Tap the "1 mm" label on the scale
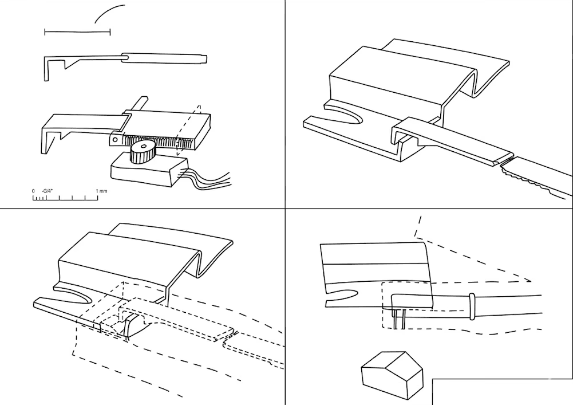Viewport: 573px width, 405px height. [x=101, y=191]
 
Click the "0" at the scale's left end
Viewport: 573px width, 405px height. [x=33, y=191]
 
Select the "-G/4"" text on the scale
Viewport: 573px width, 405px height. [x=48, y=191]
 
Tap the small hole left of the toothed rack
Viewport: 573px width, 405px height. [x=114, y=139]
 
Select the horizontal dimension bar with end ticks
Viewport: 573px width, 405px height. [x=77, y=32]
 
